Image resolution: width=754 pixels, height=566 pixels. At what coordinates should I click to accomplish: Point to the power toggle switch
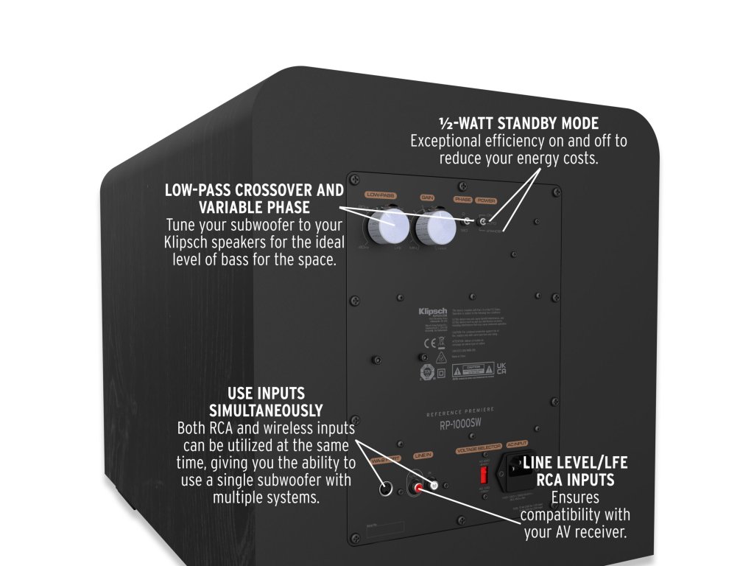point(484,221)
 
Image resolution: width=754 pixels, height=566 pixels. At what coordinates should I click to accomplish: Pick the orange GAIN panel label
point(427,198)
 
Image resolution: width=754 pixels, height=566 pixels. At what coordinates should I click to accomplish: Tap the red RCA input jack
point(419,487)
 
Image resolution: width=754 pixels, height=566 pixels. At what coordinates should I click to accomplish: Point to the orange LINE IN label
point(426,457)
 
